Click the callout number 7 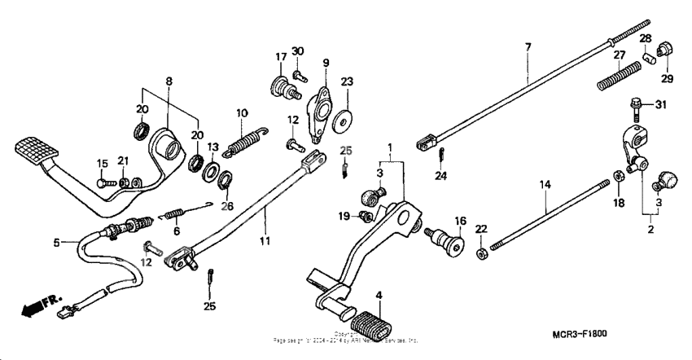coord(528,47)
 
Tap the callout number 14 coord(543,187)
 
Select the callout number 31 coord(660,105)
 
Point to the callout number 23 coord(347,81)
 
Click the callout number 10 coord(242,112)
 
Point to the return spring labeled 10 coord(245,138)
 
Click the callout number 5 coord(56,242)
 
